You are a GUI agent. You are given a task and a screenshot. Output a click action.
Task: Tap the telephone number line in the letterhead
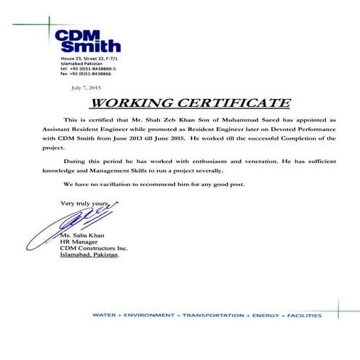point(89,68)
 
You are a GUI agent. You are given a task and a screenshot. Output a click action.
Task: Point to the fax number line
point(86,73)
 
